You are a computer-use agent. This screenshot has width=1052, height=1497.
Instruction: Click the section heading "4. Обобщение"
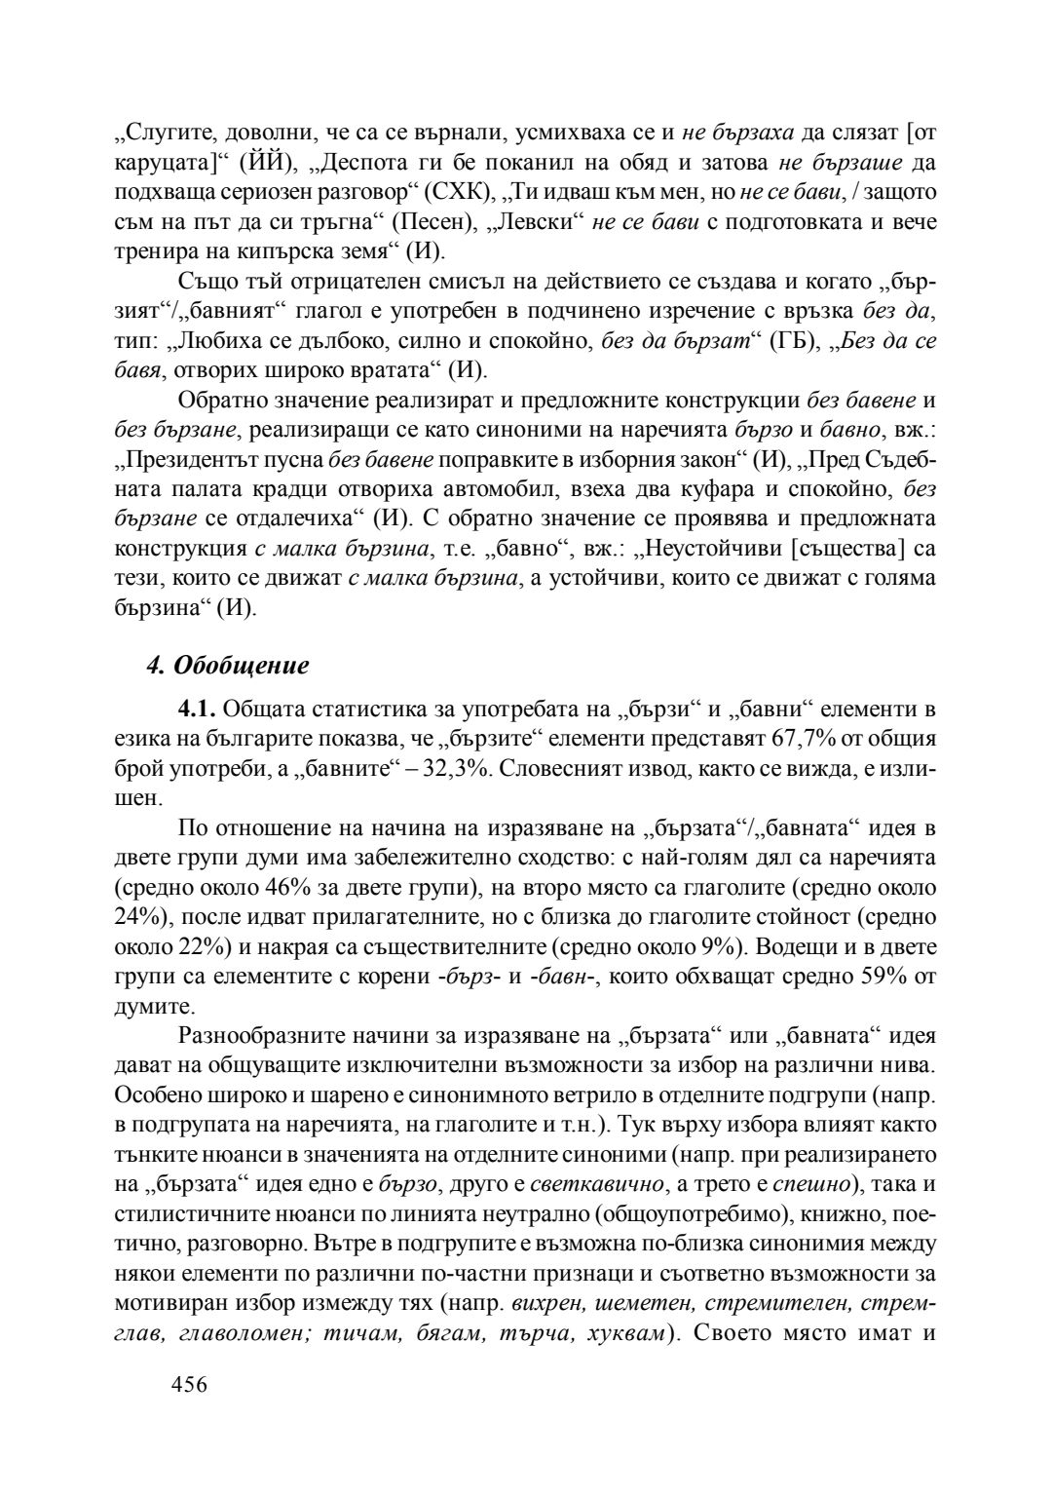[227, 666]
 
